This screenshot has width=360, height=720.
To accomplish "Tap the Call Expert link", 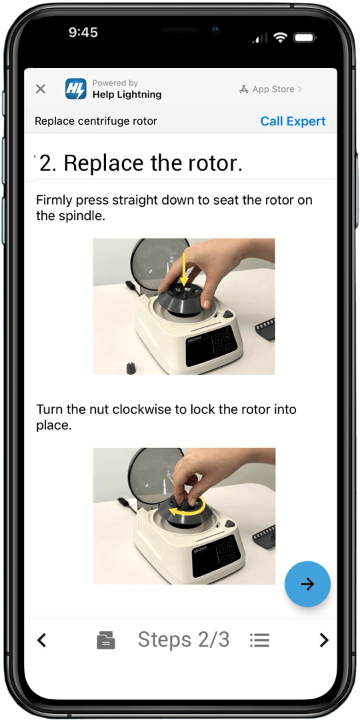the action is (x=293, y=121).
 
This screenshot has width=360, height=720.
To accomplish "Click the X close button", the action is (x=41, y=89).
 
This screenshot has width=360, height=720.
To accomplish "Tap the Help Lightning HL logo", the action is (x=76, y=89).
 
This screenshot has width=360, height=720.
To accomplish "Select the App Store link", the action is (x=271, y=89).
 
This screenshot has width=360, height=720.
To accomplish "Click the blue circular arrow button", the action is (x=307, y=583).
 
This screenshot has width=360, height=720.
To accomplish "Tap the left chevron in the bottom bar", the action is (x=42, y=639).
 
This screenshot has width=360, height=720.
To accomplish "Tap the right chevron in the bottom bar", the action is (x=324, y=639).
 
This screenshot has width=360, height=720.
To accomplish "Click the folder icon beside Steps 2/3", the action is (x=106, y=640).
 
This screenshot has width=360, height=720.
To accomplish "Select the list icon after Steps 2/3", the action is (x=260, y=640).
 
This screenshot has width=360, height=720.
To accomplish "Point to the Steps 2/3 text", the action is (x=184, y=639).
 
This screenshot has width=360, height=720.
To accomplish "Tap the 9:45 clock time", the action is (x=83, y=32).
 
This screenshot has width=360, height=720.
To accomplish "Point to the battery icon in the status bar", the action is (x=303, y=37).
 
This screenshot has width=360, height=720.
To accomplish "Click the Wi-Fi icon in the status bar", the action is (x=279, y=37).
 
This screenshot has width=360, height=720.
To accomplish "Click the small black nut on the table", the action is (x=131, y=368).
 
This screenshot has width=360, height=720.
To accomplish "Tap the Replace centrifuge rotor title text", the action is (x=96, y=121).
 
